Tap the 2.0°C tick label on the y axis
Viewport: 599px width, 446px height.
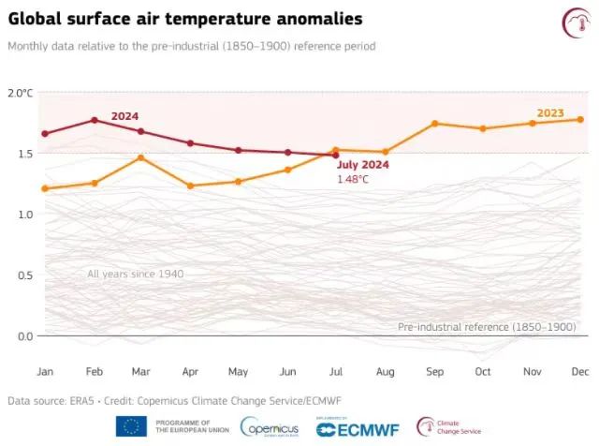pyautogui.click(x=20, y=93)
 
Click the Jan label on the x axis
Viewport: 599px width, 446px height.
pyautogui.click(x=45, y=371)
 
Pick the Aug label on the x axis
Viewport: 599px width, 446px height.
pyautogui.click(x=385, y=371)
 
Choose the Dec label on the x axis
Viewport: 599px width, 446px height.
pyautogui.click(x=580, y=371)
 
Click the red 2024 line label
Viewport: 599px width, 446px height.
pyautogui.click(x=124, y=116)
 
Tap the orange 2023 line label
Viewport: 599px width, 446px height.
pyautogui.click(x=550, y=112)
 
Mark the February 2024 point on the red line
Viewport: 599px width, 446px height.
pyautogui.click(x=94, y=120)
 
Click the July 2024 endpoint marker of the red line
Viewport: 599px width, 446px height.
pyautogui.click(x=336, y=156)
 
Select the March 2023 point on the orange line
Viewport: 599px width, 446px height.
pyautogui.click(x=141, y=157)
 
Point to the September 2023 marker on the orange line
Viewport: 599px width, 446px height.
pyautogui.click(x=434, y=124)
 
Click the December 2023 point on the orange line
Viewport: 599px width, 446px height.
pyautogui.click(x=580, y=119)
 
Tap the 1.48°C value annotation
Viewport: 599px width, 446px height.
pyautogui.click(x=353, y=178)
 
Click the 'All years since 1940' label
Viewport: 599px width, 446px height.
pyautogui.click(x=135, y=274)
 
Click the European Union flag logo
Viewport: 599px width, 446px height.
pyautogui.click(x=131, y=426)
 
